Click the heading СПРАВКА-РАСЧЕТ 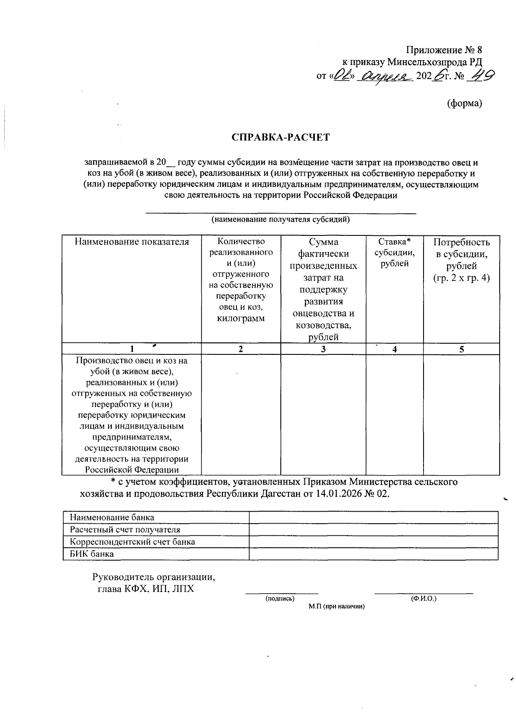[x=280, y=137]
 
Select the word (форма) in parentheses [x=464, y=103]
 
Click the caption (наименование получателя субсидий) [x=280, y=220]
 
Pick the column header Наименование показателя [x=132, y=242]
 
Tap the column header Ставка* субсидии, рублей [x=394, y=253]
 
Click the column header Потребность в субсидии [x=461, y=260]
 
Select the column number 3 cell [x=323, y=349]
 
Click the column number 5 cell [x=461, y=349]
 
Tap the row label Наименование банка [x=112, y=518]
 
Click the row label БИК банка [x=92, y=554]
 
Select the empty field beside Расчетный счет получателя [x=373, y=530]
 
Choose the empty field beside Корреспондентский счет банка [x=373, y=542]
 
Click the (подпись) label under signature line [x=280, y=598]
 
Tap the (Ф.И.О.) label [x=424, y=598]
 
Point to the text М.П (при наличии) [x=336, y=607]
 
